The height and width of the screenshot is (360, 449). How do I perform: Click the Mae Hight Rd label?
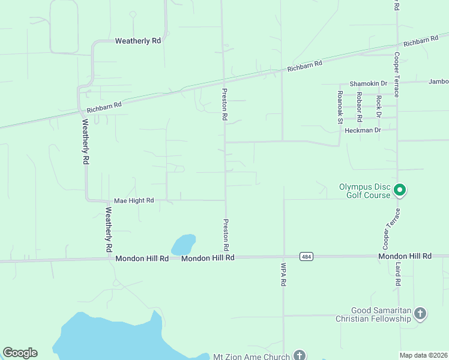(134, 200)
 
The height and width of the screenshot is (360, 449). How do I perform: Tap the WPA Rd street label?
(283, 274)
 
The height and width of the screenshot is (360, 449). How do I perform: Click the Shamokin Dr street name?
(369, 83)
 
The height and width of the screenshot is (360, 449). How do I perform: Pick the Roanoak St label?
(340, 107)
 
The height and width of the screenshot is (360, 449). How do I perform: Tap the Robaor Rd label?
(359, 104)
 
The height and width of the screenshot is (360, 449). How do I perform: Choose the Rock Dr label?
(379, 106)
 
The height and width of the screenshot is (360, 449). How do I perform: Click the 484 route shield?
(307, 256)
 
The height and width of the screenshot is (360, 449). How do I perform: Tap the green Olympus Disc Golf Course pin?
(400, 191)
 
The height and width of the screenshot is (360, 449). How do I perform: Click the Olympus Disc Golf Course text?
(364, 190)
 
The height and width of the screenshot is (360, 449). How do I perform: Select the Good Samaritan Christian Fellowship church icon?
(420, 313)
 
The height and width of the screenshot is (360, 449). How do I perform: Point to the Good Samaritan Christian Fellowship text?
(373, 314)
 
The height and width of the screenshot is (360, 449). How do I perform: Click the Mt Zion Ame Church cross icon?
(299, 356)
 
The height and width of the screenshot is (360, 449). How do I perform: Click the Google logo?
(20, 353)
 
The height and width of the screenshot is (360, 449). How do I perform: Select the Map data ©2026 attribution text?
(424, 355)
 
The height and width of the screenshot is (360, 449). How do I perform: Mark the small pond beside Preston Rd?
(184, 244)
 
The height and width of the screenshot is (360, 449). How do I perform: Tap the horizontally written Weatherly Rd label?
(138, 41)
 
